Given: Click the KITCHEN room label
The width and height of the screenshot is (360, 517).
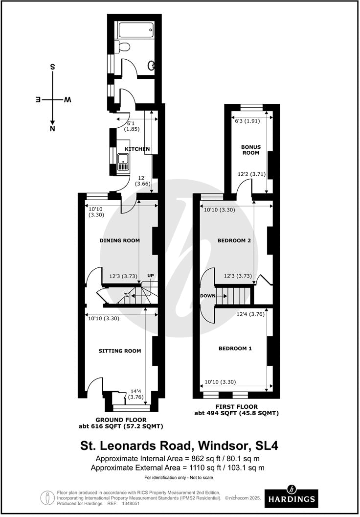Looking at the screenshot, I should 137,149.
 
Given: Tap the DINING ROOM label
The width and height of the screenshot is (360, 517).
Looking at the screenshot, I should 119,240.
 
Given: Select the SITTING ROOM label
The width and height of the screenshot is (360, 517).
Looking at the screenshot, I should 120,351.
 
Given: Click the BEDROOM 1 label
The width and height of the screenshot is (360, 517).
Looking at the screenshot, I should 235,349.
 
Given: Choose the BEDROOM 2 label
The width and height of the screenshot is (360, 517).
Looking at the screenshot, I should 235,240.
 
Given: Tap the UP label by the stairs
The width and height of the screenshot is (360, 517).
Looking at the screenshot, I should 151,276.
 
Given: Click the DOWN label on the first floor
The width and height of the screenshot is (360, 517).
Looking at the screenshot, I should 208,296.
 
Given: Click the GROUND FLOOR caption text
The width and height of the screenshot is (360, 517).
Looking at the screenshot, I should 121,420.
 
